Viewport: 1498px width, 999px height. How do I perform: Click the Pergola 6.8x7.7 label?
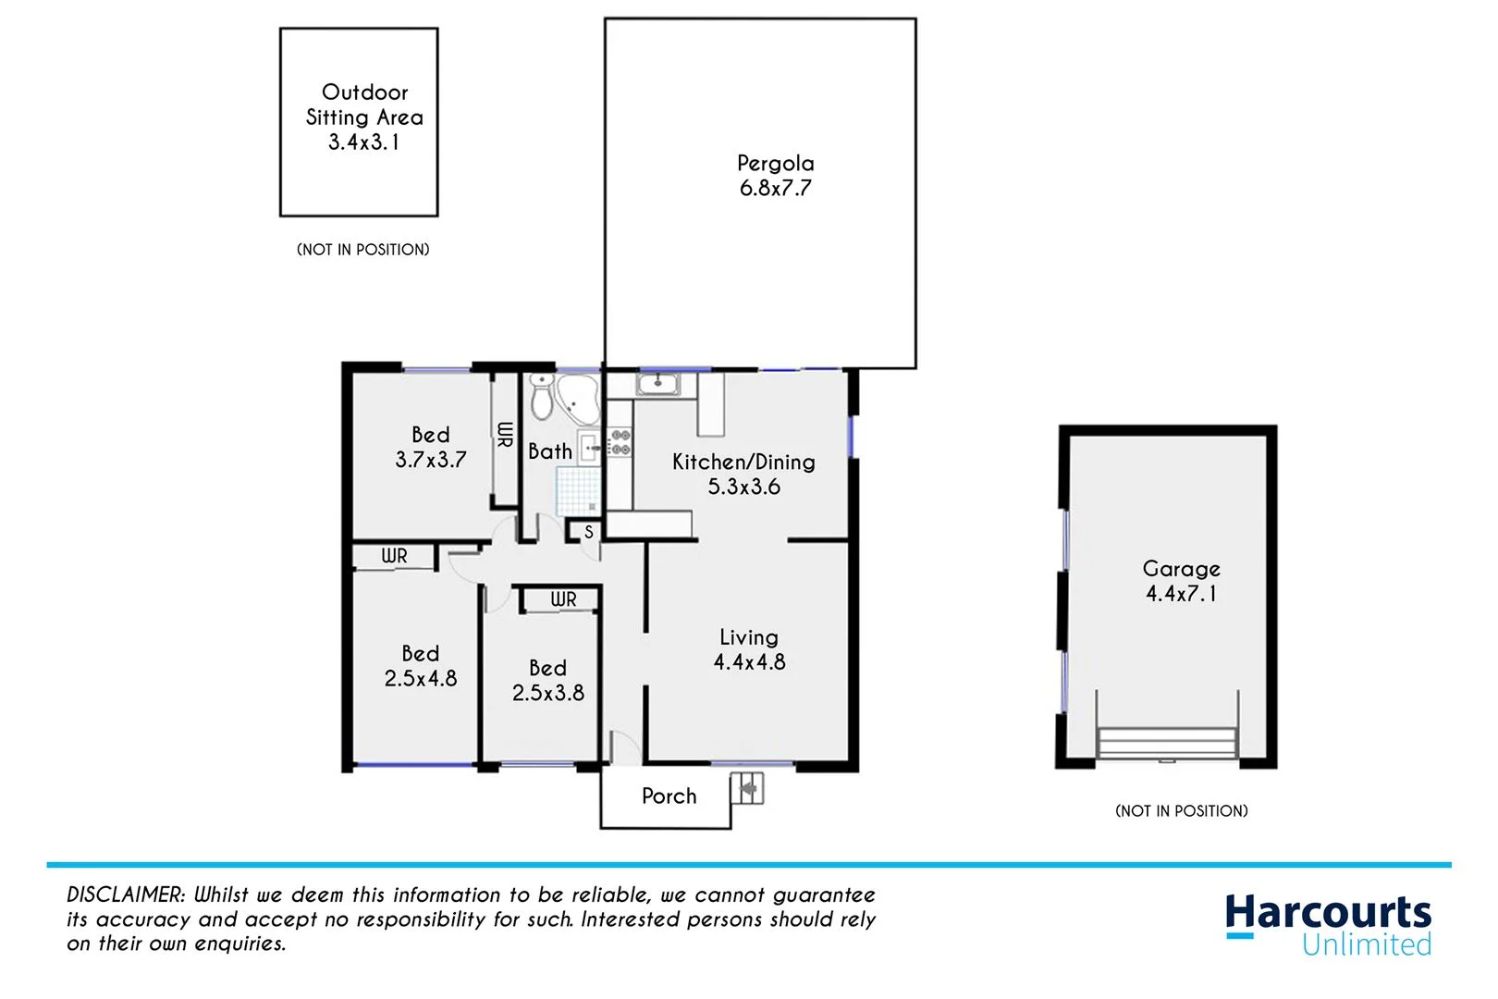coord(775,176)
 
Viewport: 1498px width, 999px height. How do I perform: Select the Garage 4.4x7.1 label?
coord(1181,581)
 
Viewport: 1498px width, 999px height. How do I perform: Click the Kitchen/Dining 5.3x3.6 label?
coord(743,474)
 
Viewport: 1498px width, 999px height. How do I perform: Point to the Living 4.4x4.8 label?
coord(749,649)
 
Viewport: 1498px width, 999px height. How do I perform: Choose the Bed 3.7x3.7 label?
coord(431,447)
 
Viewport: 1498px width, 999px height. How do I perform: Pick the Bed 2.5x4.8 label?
coord(421,666)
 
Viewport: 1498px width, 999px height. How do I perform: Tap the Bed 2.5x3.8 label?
coord(547,680)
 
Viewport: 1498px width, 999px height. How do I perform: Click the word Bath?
coord(549,451)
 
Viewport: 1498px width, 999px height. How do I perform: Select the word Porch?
coord(669,796)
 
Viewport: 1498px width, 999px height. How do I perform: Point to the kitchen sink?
coord(657,384)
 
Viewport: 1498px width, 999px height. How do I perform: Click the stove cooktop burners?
coord(620,442)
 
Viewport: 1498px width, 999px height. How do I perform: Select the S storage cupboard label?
coord(588,533)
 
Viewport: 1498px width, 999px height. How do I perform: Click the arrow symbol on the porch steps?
coord(747,789)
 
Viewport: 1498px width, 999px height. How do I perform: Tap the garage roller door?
coord(1167,742)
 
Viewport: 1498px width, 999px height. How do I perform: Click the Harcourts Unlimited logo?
coord(1328,924)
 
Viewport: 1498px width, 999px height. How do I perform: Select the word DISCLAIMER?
coord(126,894)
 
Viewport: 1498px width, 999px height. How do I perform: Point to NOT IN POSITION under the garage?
coord(1181,811)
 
